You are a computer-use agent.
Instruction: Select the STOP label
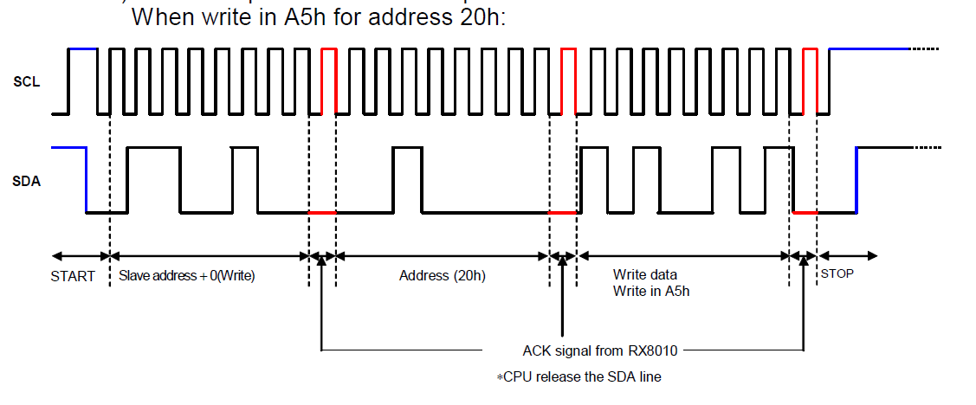(x=837, y=274)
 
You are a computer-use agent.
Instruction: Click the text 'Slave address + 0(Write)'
(x=186, y=276)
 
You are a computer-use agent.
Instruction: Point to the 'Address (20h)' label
(x=443, y=276)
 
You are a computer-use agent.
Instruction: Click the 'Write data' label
(x=645, y=275)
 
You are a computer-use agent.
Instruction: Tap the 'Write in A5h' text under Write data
(x=651, y=291)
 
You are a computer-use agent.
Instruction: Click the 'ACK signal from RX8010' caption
(x=598, y=350)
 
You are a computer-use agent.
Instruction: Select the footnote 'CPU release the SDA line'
(x=579, y=376)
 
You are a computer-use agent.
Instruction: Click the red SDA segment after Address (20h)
(x=562, y=212)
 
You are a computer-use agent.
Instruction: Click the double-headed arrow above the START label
(x=81, y=256)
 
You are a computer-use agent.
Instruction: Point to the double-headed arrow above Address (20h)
(x=443, y=256)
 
